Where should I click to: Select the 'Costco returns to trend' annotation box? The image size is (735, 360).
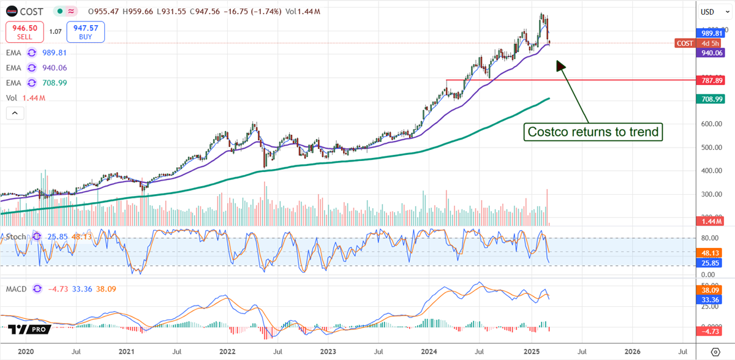pos(593,132)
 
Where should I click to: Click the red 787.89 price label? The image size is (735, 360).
pos(710,80)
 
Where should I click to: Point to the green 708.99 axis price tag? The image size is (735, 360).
pos(710,99)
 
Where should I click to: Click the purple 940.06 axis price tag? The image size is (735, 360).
pos(710,53)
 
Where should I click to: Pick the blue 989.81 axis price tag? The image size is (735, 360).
pos(710,33)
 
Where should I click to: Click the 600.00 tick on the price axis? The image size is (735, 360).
pos(710,124)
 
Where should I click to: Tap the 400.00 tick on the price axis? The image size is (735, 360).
pos(710,171)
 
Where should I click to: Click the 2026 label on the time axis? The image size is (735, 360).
pos(632,352)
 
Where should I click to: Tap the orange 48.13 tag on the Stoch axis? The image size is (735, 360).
pos(710,252)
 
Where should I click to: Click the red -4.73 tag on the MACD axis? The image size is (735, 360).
pos(710,331)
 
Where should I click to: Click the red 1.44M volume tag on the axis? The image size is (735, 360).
pos(710,220)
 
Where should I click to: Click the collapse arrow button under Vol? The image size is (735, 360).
pos(15,113)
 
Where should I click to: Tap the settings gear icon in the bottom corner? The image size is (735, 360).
pos(715,352)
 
